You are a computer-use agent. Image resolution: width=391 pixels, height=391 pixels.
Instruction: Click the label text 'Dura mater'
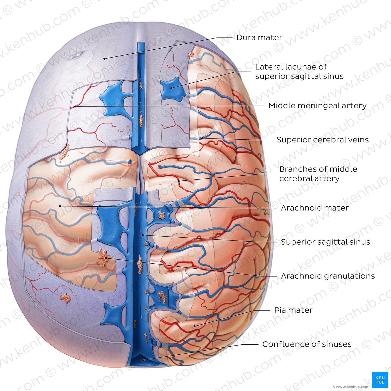(x=259, y=37)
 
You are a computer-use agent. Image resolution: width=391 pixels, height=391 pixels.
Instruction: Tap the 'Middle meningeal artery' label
(x=317, y=106)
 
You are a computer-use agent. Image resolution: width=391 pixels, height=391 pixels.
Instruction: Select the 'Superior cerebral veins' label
(x=323, y=140)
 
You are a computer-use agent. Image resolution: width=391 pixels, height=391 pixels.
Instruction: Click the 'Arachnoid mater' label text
(x=315, y=208)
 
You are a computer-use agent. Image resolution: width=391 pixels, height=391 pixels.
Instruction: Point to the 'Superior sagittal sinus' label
(x=325, y=242)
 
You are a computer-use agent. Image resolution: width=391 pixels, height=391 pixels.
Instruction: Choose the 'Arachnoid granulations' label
(x=328, y=276)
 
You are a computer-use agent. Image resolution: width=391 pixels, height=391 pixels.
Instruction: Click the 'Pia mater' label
(x=294, y=310)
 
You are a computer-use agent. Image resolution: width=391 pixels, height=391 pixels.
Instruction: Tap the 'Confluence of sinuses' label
(x=307, y=344)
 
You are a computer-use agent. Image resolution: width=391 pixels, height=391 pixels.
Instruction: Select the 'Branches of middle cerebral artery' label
(x=318, y=174)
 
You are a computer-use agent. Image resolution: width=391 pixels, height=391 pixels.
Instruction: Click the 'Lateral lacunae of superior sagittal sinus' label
(x=299, y=71)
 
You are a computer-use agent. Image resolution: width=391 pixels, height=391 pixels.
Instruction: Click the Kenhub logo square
(x=380, y=380)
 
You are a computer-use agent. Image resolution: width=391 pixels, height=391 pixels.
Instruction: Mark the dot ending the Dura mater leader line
(x=104, y=59)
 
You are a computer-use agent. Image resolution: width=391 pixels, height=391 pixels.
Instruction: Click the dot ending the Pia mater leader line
(x=195, y=326)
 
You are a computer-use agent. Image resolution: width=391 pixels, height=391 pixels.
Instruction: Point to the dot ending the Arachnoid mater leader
(x=60, y=206)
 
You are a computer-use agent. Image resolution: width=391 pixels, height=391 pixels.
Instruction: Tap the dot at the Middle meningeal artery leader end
(x=75, y=106)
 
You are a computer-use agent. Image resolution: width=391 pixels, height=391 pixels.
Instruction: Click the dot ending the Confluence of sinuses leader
(x=143, y=360)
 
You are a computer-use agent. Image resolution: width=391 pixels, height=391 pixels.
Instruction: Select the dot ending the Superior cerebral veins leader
(x=202, y=138)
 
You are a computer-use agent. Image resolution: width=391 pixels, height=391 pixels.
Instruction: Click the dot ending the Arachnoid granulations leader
(x=106, y=258)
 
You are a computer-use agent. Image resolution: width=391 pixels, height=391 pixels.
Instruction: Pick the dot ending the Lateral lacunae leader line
(x=171, y=88)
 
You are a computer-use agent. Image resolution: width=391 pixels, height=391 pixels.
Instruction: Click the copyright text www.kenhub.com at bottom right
(x=351, y=387)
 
